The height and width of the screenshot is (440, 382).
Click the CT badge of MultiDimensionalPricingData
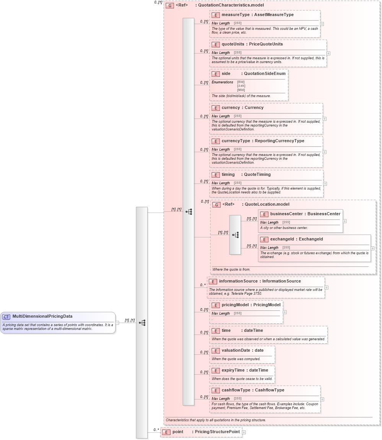(x=7, y=317)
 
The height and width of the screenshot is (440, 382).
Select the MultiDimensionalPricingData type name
(x=42, y=317)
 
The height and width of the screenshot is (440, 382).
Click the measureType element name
(x=236, y=15)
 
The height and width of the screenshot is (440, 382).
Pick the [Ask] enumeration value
(x=241, y=86)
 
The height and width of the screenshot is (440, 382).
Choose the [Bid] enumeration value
(x=241, y=82)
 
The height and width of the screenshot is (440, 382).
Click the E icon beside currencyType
(x=216, y=141)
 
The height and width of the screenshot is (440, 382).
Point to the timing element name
(x=228, y=175)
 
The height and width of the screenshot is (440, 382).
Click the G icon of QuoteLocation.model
(x=216, y=205)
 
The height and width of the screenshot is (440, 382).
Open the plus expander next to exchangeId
(x=373, y=248)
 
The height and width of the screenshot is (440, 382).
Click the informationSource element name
(x=238, y=281)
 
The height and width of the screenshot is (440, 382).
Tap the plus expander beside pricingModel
(x=285, y=312)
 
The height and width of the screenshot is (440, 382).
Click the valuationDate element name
(x=236, y=351)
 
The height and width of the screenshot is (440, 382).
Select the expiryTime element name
(x=234, y=370)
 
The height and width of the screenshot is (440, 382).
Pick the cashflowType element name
(x=236, y=390)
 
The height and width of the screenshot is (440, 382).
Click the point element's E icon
(x=166, y=432)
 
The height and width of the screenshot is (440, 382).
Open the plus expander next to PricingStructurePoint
(x=244, y=432)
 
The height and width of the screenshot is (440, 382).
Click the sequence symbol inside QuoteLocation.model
(x=235, y=235)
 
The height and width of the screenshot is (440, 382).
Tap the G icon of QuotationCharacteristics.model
(x=170, y=6)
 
